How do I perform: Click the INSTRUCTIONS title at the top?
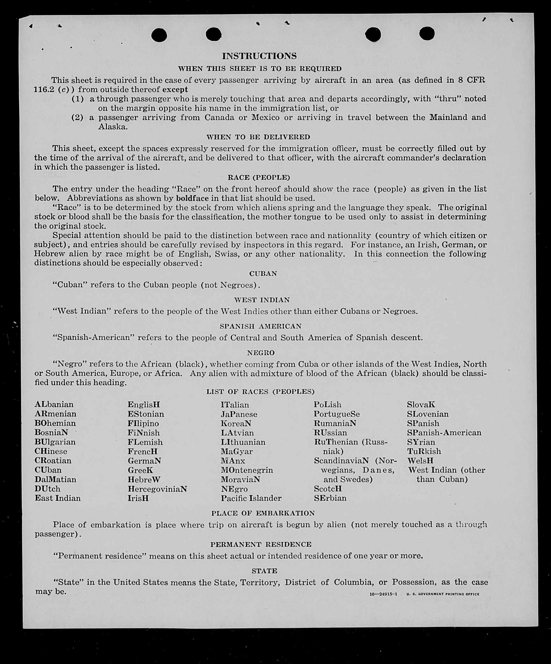click(259, 56)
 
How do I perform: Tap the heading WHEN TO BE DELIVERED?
click(258, 137)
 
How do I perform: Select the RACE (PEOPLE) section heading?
click(259, 177)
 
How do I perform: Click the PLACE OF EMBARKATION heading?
click(263, 513)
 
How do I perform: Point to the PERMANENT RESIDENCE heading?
click(261, 544)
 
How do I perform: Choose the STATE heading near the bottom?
click(264, 571)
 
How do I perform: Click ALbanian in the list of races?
click(54, 404)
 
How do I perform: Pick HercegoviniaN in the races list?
click(157, 489)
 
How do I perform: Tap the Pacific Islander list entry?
click(251, 498)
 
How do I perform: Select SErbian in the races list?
click(330, 498)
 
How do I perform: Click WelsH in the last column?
click(420, 461)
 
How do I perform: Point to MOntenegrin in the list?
click(247, 470)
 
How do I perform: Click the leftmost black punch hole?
click(159, 35)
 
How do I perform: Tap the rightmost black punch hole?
click(427, 34)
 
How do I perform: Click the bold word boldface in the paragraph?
click(192, 198)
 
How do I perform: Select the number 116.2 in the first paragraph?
click(44, 90)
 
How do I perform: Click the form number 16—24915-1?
click(383, 594)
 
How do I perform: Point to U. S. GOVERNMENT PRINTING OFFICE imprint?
click(443, 594)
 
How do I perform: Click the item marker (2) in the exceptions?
click(77, 118)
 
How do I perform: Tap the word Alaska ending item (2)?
click(113, 127)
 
